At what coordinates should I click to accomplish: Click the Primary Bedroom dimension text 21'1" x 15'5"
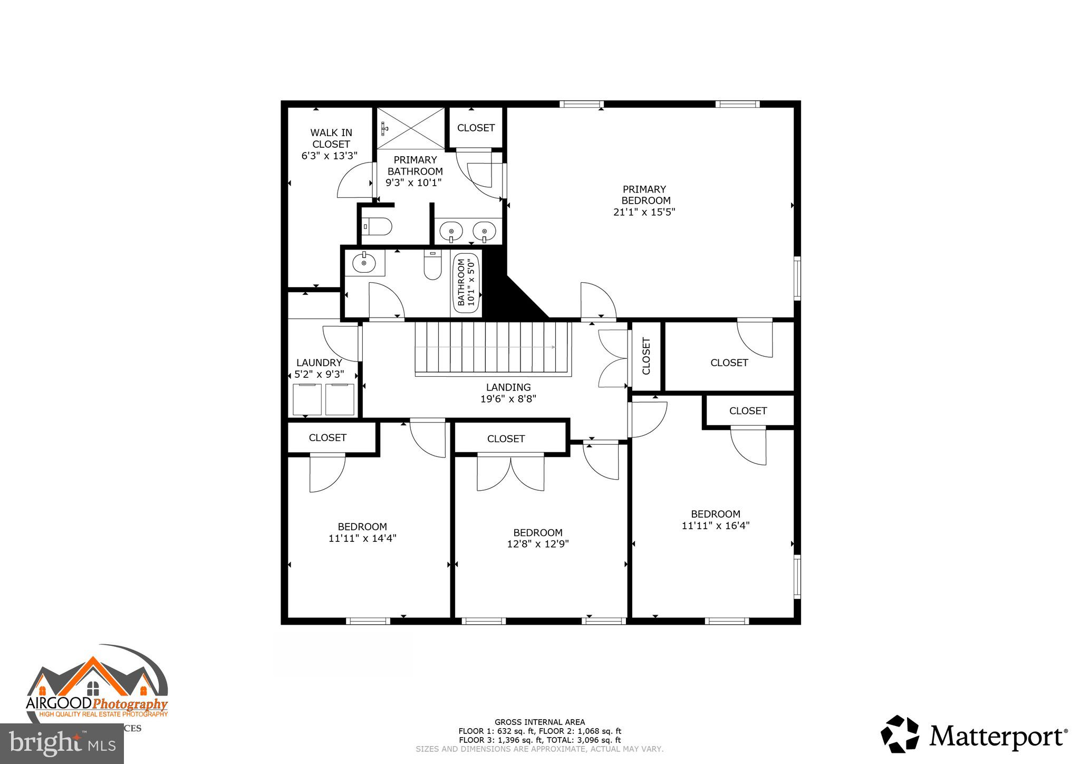[x=644, y=212]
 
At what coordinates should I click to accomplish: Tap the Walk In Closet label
[x=331, y=138]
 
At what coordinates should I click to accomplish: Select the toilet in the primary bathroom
[x=378, y=227]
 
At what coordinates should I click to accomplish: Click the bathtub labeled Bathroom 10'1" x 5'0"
[x=466, y=284]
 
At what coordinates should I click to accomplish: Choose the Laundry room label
[x=319, y=363]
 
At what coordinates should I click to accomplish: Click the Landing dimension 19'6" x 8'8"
[x=508, y=399]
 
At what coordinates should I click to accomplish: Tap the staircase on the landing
[x=493, y=348]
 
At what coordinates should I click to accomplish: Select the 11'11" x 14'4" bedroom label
[x=362, y=532]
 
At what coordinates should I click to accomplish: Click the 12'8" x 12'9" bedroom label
[x=538, y=538]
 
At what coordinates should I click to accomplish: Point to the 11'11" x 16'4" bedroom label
[x=716, y=520]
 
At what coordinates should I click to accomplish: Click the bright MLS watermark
[x=62, y=744]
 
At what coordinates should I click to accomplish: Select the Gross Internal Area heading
[x=539, y=722]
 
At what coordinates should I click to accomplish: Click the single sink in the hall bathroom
[x=364, y=263]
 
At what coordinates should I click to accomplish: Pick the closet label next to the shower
[x=476, y=128]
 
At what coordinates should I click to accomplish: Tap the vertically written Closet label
[x=646, y=356]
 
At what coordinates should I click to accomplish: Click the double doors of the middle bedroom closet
[x=510, y=472]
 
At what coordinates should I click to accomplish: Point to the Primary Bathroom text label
[x=415, y=166]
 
